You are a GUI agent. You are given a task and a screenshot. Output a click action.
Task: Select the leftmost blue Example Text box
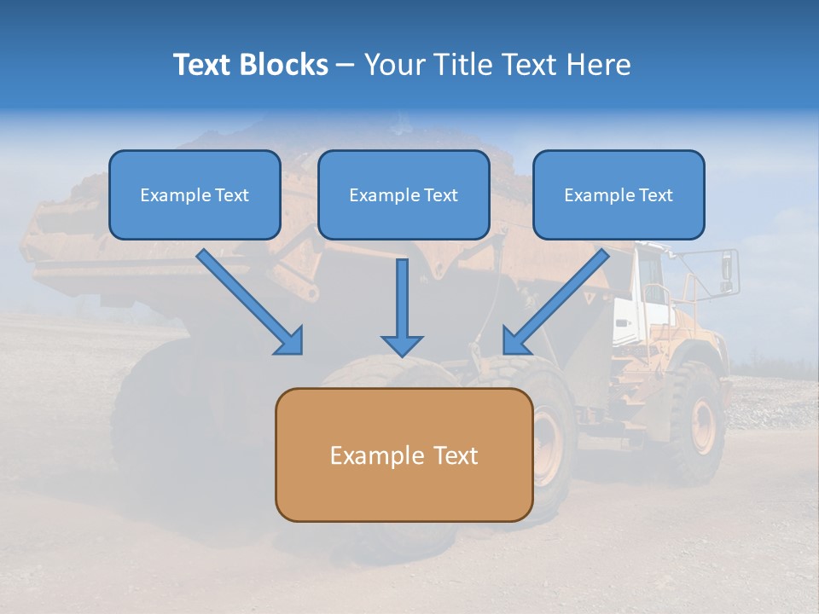coord(195,194)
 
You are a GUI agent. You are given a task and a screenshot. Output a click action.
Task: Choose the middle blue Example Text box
coord(404,194)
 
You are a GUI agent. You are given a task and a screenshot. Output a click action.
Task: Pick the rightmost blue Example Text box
coord(619,194)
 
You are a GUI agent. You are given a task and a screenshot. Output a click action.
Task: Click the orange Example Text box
coord(404,455)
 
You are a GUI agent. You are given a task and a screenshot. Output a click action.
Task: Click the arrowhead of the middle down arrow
coord(402,345)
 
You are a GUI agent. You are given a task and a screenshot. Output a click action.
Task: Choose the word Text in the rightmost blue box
coord(655,194)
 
